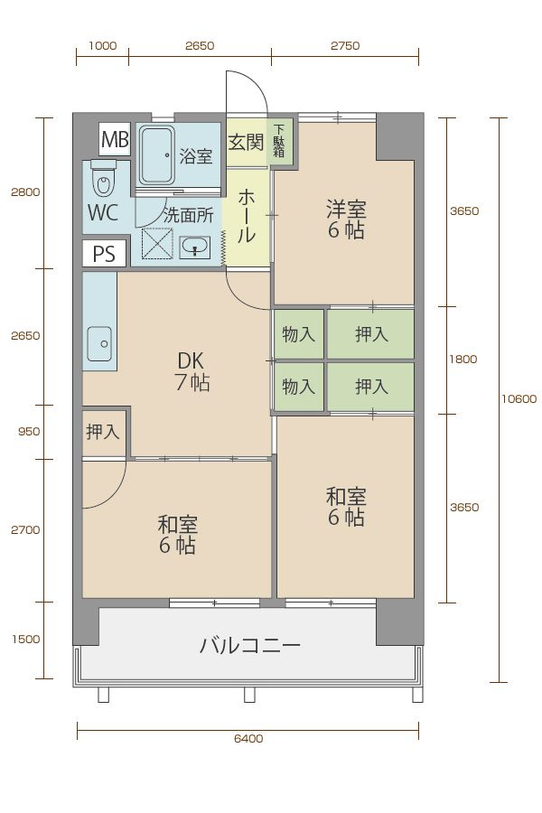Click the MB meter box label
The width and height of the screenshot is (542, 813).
[115, 139]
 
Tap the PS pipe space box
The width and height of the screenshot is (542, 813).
[104, 254]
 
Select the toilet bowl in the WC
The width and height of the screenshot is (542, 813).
[104, 178]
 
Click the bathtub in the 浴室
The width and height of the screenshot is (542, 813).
[156, 155]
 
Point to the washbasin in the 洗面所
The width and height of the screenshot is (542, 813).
[195, 247]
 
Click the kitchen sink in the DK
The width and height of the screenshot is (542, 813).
[99, 343]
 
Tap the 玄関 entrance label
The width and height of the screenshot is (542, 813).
[246, 142]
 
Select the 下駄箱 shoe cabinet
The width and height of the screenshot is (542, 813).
[279, 141]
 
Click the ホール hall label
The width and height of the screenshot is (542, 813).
[247, 216]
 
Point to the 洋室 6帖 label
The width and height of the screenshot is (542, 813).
[346, 220]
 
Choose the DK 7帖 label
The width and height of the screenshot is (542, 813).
[192, 371]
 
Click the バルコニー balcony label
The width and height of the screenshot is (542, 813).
[250, 646]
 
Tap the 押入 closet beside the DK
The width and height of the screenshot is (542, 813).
[103, 432]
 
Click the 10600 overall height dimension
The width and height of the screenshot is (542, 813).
[519, 398]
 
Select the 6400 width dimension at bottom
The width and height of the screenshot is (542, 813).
[248, 739]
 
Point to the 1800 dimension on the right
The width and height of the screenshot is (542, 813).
[463, 360]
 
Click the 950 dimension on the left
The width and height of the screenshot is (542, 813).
[29, 432]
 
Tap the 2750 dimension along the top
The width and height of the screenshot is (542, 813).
[345, 46]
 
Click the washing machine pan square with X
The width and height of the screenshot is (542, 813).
[157, 243]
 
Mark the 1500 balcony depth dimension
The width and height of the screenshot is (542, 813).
[26, 640]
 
